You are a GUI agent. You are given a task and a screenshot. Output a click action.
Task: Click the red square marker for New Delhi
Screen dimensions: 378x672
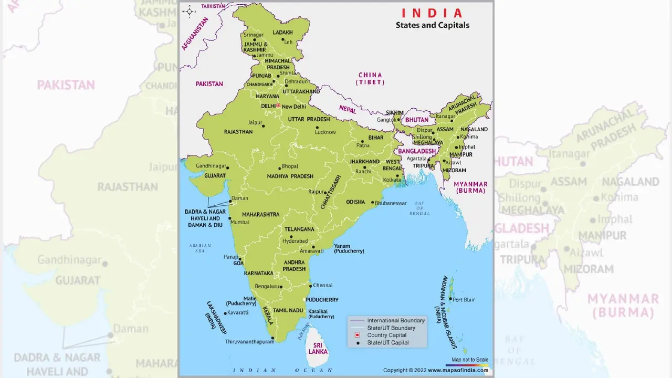tap(278, 106)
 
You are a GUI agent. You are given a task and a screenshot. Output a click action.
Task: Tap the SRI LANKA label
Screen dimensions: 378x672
tap(318, 348)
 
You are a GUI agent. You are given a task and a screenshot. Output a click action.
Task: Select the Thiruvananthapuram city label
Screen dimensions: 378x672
tap(249, 342)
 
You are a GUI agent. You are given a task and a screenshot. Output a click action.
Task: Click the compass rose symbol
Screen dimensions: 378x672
tap(189, 12)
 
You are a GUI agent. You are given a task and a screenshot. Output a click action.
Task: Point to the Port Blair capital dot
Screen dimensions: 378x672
tap(450, 299)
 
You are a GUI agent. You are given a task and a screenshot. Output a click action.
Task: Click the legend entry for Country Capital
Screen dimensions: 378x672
tap(387, 335)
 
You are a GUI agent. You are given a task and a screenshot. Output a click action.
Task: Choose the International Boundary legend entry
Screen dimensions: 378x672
tap(395, 320)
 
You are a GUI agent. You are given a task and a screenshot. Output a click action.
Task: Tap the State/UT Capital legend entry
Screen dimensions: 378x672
tap(387, 343)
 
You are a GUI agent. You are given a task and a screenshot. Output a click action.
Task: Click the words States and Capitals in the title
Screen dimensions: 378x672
tap(432, 25)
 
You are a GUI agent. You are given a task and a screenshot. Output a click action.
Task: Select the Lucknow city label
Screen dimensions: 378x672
tap(325, 132)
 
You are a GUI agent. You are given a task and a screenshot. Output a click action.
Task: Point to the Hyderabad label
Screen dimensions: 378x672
tap(295, 241)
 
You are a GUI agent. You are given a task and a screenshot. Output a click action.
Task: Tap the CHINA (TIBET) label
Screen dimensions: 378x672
tap(370, 78)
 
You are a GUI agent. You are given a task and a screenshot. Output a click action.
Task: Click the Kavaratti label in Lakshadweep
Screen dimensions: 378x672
tap(238, 312)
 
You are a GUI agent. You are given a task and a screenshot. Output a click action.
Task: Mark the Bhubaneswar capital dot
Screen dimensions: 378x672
tap(373, 203)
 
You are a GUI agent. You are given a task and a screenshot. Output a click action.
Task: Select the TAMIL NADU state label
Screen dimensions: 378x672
tap(288, 310)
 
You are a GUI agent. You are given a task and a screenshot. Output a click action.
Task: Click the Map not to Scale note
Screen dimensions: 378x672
tap(469, 360)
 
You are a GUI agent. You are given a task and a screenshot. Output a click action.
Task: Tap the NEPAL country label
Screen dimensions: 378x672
tap(347, 109)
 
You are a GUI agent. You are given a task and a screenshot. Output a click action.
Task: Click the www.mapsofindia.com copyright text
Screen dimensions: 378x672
tap(458, 370)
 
